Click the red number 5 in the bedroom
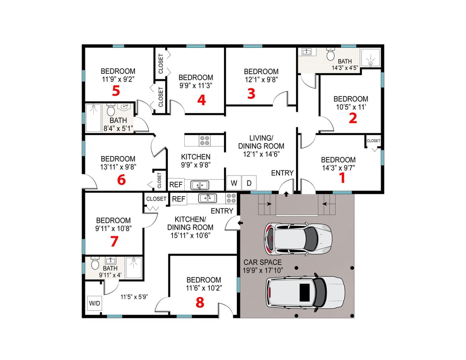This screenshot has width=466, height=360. [x=116, y=91]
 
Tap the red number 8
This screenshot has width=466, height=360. [x=200, y=303]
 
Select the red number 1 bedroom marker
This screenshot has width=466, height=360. [x=343, y=177]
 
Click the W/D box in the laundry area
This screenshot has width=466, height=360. [x=94, y=303]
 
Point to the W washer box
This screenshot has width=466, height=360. [x=234, y=183]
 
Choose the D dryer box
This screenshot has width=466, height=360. [x=249, y=183]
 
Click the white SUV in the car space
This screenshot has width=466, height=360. [x=305, y=292]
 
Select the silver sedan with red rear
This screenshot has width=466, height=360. [x=297, y=238]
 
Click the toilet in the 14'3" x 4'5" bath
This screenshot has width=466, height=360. [x=331, y=55]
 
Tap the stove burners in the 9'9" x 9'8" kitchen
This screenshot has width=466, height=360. [x=205, y=141]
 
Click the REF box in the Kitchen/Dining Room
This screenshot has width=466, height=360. [x=179, y=199]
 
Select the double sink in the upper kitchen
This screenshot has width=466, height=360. [x=200, y=185]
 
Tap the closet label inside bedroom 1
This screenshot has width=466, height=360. [x=373, y=141]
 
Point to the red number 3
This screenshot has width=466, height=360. [x=251, y=94]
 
